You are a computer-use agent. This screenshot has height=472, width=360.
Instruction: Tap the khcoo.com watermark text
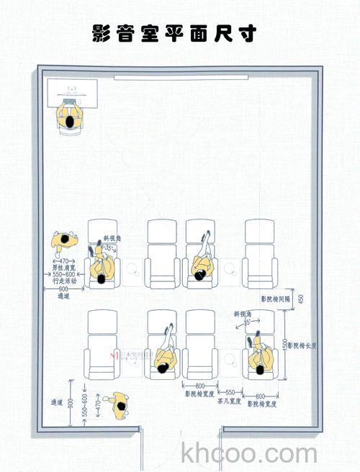(x=249, y=454)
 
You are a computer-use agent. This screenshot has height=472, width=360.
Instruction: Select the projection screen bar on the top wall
(x=180, y=76)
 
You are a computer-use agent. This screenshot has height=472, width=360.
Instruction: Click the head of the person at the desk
(x=68, y=122)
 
